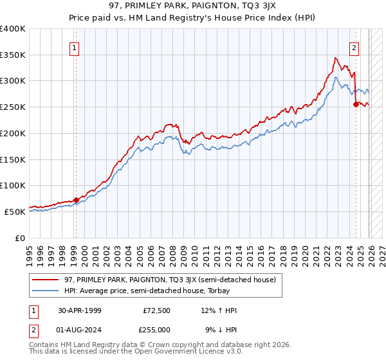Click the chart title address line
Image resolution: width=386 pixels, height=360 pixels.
click(x=193, y=6)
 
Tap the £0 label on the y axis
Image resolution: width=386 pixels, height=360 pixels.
click(x=21, y=238)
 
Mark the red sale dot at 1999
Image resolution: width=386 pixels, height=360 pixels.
click(x=76, y=200)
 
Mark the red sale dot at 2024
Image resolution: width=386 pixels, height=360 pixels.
click(x=356, y=105)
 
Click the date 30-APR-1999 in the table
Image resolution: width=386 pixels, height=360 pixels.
click(x=79, y=310)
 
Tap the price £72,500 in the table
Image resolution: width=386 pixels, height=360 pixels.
click(x=158, y=310)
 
